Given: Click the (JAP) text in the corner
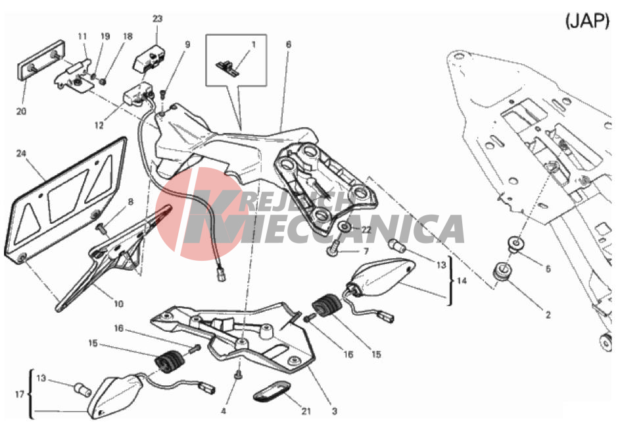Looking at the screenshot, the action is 588,20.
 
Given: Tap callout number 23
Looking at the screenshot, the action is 157,18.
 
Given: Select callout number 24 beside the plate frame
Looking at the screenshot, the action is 21,153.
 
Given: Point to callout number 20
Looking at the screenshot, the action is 21,111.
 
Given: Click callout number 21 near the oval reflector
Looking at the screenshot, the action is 306,412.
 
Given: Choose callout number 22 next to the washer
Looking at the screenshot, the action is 367,230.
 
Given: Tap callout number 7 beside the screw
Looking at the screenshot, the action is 366,251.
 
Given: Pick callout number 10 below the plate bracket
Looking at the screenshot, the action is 118,304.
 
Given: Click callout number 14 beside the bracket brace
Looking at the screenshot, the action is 462,281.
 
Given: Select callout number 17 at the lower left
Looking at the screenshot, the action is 20,394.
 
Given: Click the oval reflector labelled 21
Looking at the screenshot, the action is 272,389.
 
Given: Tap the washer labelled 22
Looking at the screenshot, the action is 345,227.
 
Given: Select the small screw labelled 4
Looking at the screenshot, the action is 239,374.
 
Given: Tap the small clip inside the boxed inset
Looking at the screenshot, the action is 227,68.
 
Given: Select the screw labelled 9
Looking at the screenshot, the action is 163,95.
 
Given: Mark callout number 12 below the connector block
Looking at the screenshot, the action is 99,126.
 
